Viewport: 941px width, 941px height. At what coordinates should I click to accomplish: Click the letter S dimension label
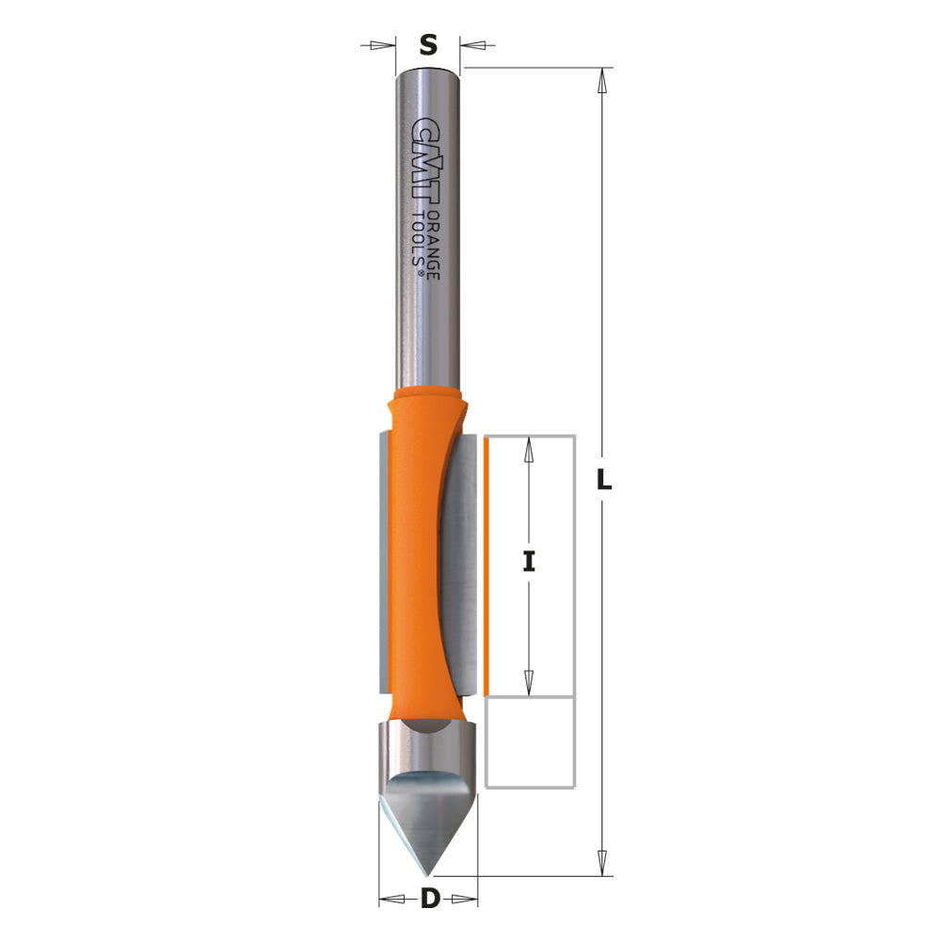pyautogui.click(x=428, y=44)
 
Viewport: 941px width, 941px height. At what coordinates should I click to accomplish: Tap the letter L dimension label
pyautogui.click(x=604, y=480)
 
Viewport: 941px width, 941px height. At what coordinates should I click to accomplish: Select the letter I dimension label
pyautogui.click(x=529, y=562)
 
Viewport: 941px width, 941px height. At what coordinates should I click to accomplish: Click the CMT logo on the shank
pyautogui.click(x=427, y=169)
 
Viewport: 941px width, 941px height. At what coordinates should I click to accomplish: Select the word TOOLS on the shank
pyautogui.click(x=420, y=243)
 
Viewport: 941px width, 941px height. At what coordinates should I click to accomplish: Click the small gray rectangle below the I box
pyautogui.click(x=530, y=742)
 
